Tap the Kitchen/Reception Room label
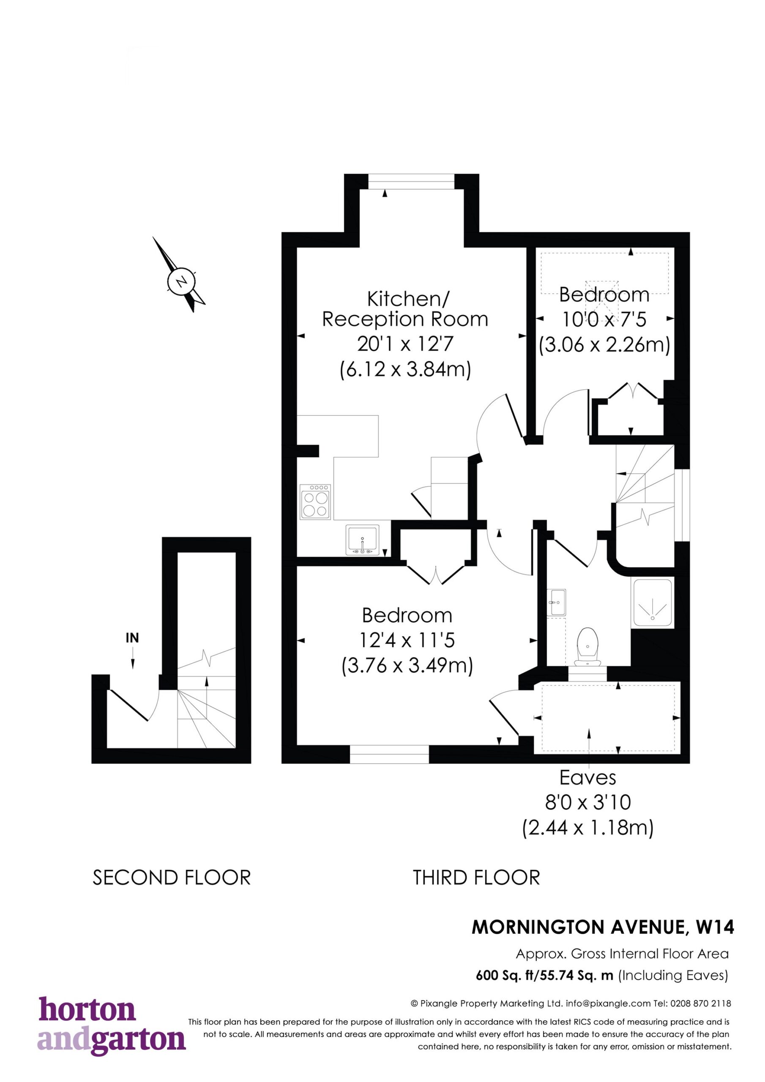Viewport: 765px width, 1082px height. click(405, 309)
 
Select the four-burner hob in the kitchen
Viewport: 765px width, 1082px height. click(315, 501)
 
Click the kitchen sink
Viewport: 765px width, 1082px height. click(362, 540)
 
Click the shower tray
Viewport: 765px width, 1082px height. click(652, 603)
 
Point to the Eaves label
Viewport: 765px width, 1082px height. click(588, 778)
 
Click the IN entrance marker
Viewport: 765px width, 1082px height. click(132, 638)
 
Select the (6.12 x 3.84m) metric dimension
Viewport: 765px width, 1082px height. click(405, 369)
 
